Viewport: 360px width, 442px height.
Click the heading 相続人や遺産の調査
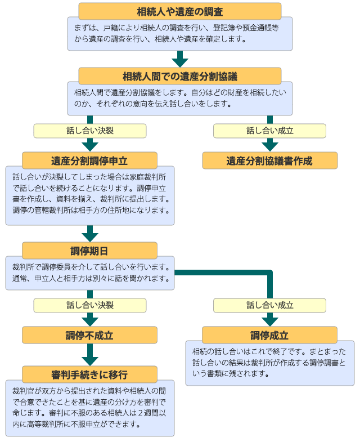click(179, 11)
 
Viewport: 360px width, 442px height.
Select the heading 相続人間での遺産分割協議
click(179, 76)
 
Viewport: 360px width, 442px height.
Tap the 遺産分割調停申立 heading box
click(89, 160)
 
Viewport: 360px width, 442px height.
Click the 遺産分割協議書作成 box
click(269, 160)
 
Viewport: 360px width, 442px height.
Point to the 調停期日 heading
click(89, 251)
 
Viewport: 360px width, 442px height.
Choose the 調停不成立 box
click(89, 335)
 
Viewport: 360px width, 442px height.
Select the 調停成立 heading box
click(269, 335)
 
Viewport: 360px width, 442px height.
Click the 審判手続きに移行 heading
click(89, 374)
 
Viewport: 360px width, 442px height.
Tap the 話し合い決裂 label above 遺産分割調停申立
click(89, 131)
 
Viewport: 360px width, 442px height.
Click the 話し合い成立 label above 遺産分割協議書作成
click(269, 131)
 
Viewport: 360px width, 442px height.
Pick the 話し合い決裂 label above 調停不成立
click(89, 305)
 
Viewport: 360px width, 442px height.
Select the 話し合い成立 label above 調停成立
click(269, 305)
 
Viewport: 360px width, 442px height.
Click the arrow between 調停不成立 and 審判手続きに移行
click(89, 355)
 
